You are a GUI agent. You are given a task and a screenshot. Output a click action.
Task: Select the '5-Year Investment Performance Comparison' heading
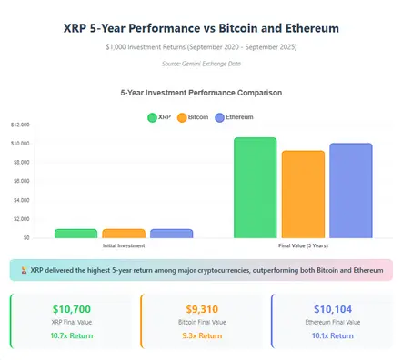[201, 93]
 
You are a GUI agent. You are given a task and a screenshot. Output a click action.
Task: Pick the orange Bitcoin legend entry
[193, 117]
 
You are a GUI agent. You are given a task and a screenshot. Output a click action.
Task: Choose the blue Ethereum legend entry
[234, 117]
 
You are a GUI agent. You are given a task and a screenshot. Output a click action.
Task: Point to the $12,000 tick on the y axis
[20, 125]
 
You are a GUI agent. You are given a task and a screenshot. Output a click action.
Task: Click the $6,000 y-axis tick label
[21, 181]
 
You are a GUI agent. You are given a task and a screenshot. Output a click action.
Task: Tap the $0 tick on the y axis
[25, 237]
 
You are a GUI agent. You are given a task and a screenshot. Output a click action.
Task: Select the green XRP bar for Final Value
[255, 187]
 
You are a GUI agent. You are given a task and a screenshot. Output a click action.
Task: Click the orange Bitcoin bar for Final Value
[303, 194]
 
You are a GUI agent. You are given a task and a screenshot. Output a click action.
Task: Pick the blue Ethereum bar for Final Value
[350, 190]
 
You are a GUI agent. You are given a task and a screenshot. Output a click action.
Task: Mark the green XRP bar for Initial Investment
[75, 233]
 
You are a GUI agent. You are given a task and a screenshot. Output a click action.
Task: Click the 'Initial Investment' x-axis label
[123, 245]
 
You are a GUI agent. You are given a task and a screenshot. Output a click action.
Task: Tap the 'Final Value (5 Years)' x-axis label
[302, 245]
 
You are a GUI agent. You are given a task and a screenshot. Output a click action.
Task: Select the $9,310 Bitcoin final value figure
[200, 310]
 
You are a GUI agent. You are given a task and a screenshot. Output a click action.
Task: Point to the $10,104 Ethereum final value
[331, 310]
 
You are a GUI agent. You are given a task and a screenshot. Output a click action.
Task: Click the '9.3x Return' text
[200, 335]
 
